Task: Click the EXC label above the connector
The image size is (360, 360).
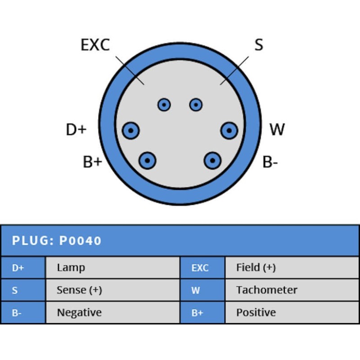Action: pos(95,45)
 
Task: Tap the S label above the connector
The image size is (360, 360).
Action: pos(258,45)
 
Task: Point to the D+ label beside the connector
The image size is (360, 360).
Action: pos(76,130)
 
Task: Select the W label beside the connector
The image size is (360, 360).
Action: pos(277,130)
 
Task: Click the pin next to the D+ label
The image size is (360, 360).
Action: pos(130,131)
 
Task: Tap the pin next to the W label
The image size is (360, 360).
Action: pos(229,131)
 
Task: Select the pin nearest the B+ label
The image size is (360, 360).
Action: pos(147,160)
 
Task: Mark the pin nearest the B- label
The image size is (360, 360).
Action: pos(212,160)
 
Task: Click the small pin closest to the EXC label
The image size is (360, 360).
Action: pos(164,105)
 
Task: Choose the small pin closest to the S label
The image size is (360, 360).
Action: pos(196,105)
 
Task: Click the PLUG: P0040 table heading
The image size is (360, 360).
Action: pos(57,241)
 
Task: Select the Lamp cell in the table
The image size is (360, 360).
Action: pos(71,268)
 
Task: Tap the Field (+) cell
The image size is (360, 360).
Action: pos(256,268)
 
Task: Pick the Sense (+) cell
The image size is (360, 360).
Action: pos(79,290)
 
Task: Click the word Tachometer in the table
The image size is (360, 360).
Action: pos(266,290)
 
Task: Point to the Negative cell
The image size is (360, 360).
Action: pos(79,313)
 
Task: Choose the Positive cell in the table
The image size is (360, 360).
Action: pos(256,313)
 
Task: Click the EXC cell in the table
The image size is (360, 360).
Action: pos(200,268)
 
